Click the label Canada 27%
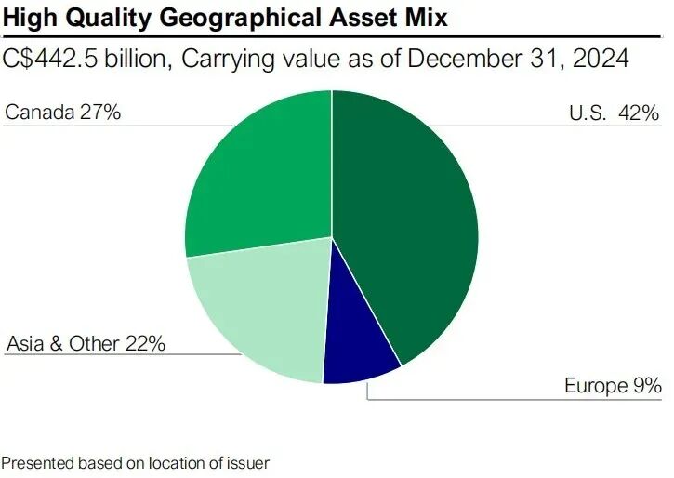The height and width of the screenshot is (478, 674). pyautogui.click(x=63, y=113)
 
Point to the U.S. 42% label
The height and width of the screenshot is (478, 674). pyautogui.click(x=614, y=113)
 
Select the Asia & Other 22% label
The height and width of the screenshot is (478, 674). pyautogui.click(x=86, y=343)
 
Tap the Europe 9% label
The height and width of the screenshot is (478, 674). pyautogui.click(x=613, y=385)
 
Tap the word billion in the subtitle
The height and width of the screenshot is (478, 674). pyautogui.click(x=137, y=59)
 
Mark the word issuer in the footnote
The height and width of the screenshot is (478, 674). pyautogui.click(x=252, y=461)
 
